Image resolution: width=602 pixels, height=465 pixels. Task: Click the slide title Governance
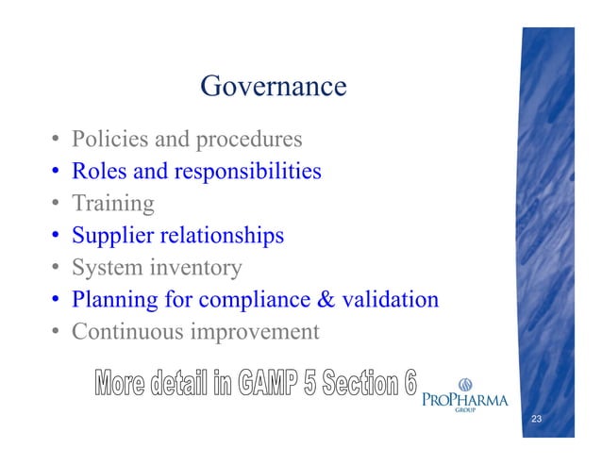[x=274, y=88]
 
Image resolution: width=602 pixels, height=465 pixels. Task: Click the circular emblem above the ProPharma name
[x=465, y=384]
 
